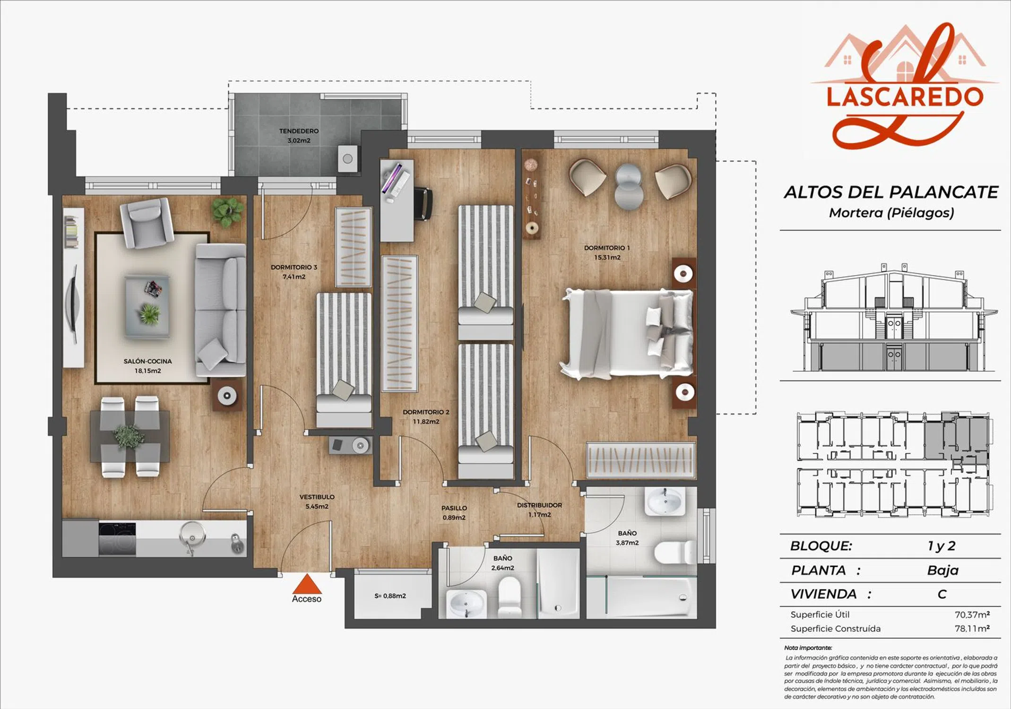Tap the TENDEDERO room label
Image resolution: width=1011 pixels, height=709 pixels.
coord(299,131)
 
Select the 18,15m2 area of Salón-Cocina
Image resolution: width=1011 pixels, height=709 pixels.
coord(148,371)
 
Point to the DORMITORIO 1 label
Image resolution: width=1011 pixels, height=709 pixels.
coord(607,248)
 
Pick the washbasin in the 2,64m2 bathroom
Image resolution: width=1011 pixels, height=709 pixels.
coord(466,604)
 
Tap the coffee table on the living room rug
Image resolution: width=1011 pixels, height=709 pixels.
coord(147,306)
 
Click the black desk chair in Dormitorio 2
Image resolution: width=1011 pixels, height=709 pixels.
coord(423,204)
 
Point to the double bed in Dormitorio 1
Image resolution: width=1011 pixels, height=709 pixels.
coord(627,334)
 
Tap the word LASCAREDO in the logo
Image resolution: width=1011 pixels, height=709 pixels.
coord(905,96)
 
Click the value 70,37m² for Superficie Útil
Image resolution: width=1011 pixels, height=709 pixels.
coord(972,614)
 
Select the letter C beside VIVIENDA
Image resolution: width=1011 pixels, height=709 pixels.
coord(942,594)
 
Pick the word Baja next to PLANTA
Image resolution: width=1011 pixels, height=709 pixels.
coord(943,570)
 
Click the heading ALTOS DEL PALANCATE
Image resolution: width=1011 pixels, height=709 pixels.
coord(891,192)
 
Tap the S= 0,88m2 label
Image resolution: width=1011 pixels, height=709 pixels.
coord(390,596)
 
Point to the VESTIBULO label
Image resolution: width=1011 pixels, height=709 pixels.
coord(317,497)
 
